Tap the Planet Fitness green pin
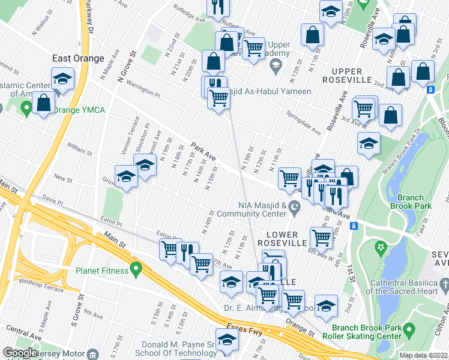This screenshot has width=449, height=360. click(x=136, y=271)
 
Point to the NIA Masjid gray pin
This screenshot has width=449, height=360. click(x=294, y=209)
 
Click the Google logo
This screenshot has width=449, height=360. click(x=19, y=353)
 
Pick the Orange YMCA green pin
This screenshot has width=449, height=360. click(x=26, y=109)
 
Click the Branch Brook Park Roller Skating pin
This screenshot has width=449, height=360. click(x=409, y=329)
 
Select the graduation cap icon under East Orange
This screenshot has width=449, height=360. click(x=62, y=79)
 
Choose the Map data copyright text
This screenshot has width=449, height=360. click(x=423, y=355)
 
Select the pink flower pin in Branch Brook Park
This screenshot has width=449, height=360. click(x=379, y=247)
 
